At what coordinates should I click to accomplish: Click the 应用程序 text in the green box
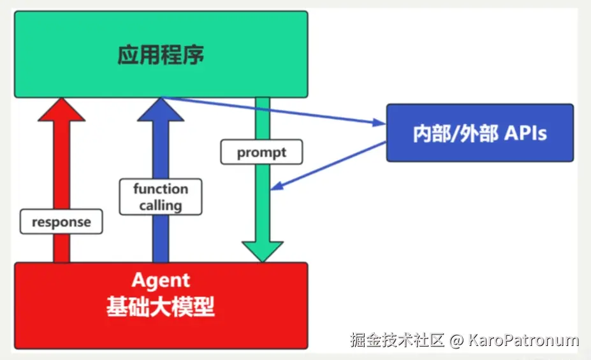[161, 55]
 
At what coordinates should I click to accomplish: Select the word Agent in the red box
[161, 280]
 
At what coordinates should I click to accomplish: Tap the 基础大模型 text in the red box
[161, 307]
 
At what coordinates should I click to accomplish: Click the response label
[61, 222]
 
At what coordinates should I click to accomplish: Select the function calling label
[161, 197]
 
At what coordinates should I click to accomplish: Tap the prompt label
[261, 153]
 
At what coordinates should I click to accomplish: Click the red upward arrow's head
[61, 110]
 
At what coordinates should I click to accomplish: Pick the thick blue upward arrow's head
[161, 110]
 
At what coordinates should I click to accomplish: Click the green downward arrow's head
[262, 252]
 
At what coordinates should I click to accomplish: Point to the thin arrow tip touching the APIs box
[383, 123]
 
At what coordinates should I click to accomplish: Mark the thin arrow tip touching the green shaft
[274, 188]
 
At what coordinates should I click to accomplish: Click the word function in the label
[161, 189]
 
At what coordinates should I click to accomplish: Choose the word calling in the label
[161, 205]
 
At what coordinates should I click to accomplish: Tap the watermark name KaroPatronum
[523, 340]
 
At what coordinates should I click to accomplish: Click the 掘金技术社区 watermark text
[397, 340]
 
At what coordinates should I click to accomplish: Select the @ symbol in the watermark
[456, 340]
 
